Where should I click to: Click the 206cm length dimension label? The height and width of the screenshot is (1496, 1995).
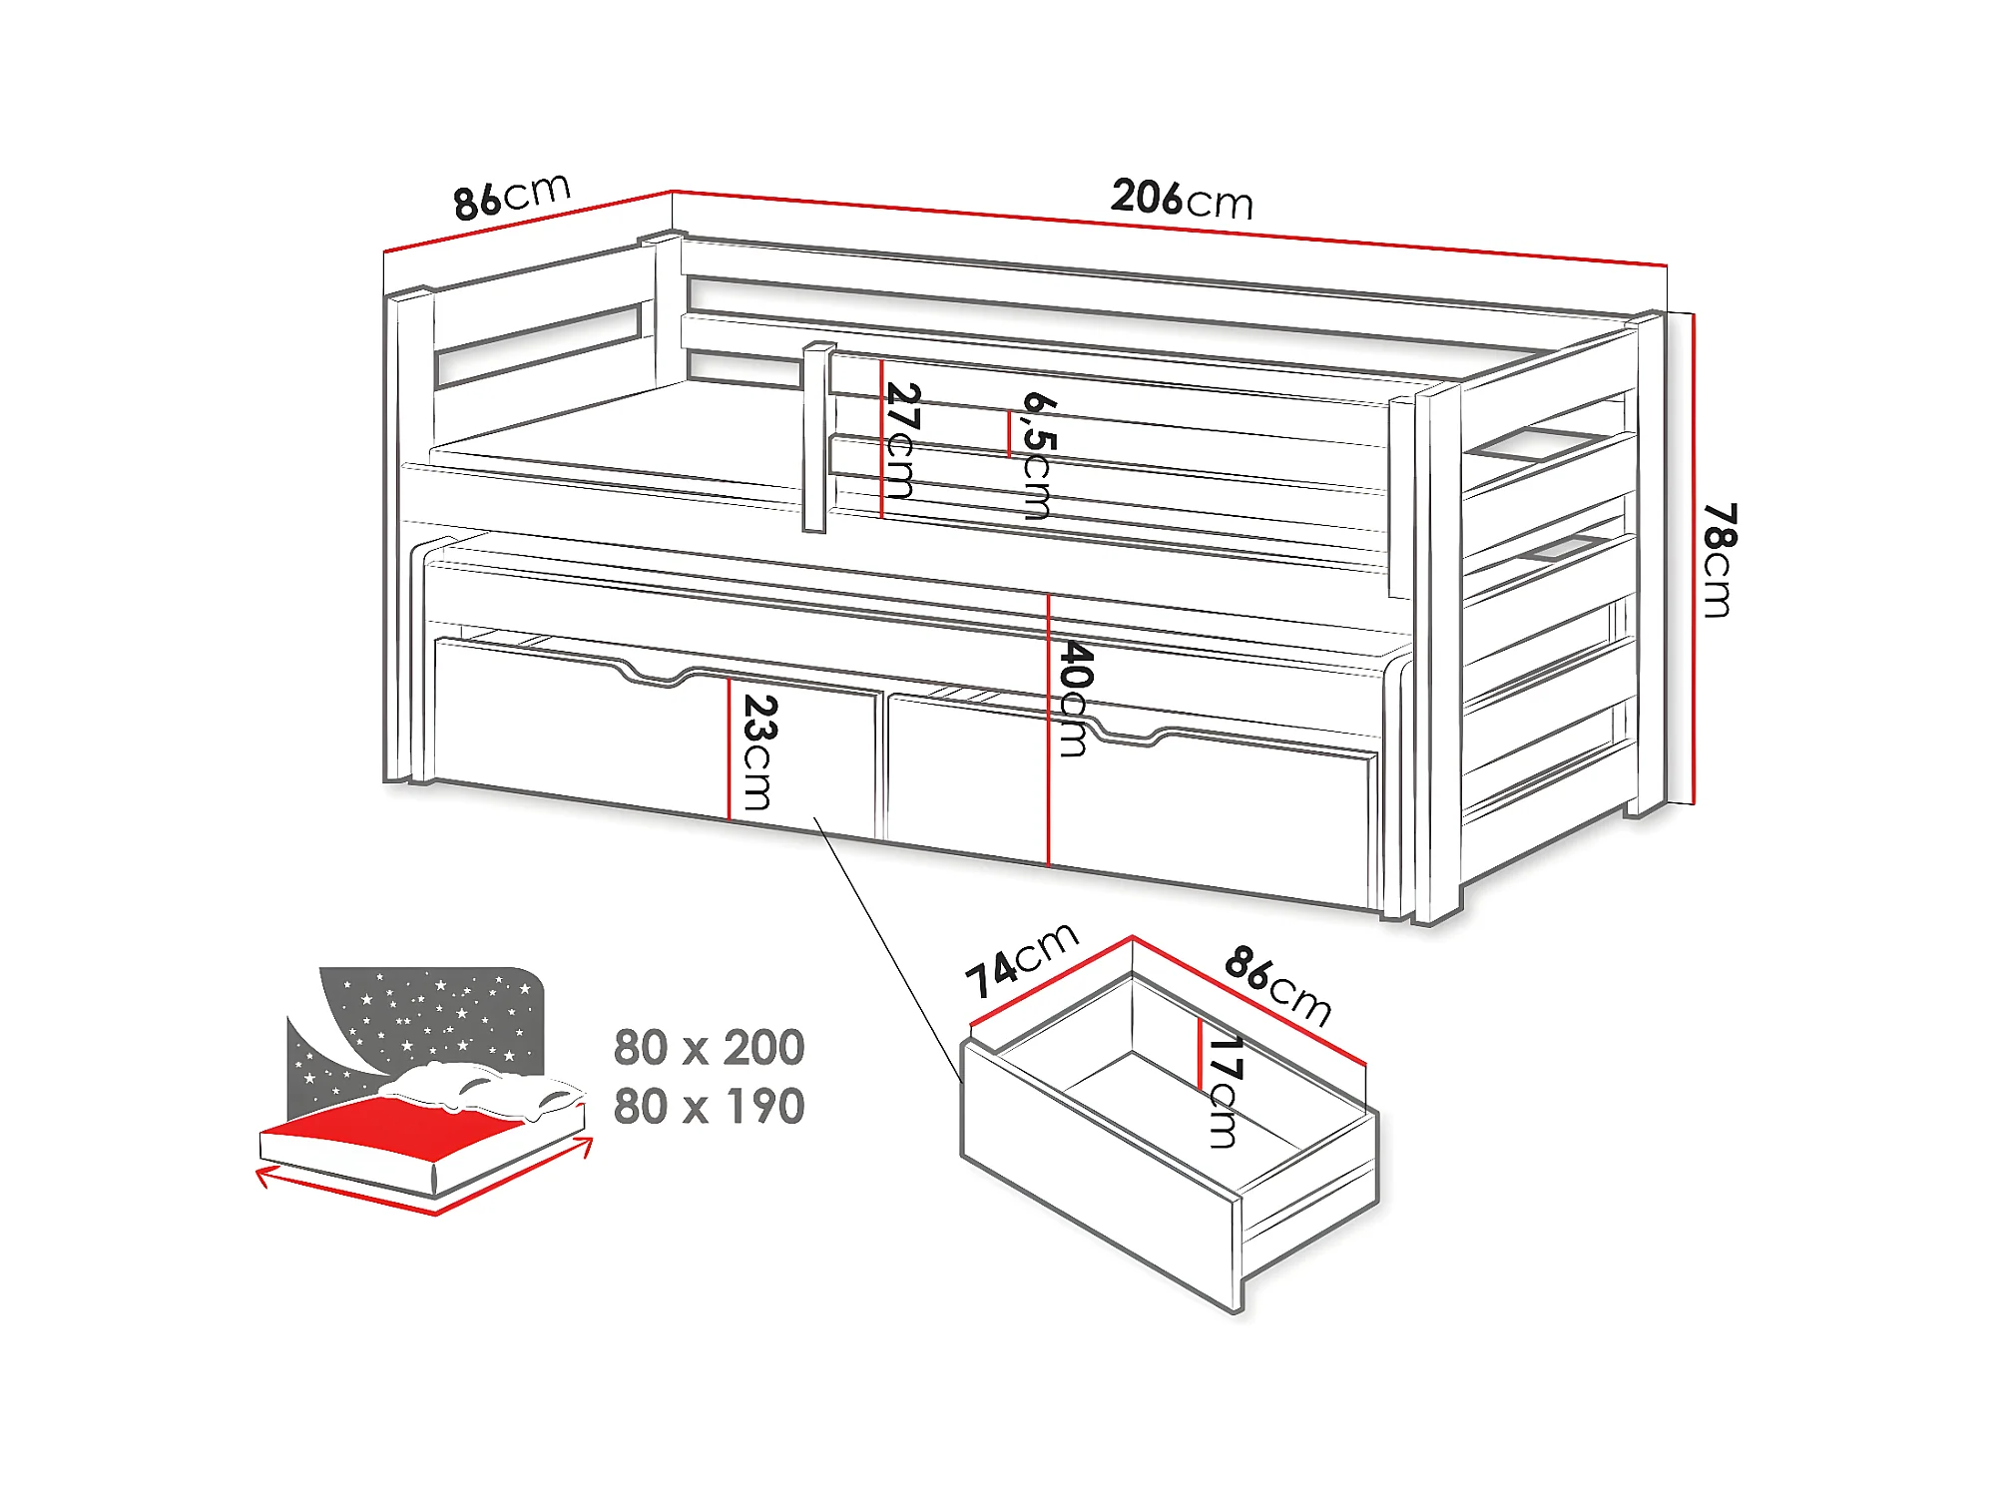coord(1182,199)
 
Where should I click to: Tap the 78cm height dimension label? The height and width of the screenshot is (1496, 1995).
coord(1719,560)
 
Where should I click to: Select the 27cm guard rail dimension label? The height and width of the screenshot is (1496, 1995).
coord(901,440)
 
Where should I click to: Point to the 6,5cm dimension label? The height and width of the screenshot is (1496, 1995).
coord(1039,455)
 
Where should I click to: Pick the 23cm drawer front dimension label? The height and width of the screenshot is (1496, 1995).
coord(759,751)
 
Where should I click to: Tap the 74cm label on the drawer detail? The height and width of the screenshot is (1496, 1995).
coord(1021,959)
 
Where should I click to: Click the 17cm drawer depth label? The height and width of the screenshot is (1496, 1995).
coord(1224,1092)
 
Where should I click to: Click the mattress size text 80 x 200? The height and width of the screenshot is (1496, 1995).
coord(709,1048)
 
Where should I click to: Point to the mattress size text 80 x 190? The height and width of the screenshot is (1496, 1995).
coord(709,1107)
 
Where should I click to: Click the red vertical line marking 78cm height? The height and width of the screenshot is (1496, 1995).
coord(1695,559)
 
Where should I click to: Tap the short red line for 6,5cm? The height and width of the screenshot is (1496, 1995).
coord(1009,434)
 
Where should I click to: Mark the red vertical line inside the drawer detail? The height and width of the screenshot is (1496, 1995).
coord(1199,1053)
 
